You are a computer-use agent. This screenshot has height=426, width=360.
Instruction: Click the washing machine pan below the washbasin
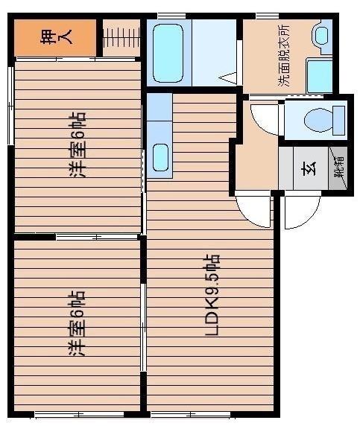click(x=320, y=75)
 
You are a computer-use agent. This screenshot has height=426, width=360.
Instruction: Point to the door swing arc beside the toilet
click(x=264, y=120)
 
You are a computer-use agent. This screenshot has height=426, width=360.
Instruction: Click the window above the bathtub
click(x=171, y=15)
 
